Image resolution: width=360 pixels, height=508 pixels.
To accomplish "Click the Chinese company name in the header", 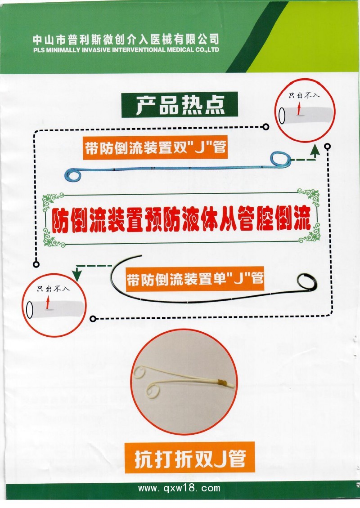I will click(x=126, y=39).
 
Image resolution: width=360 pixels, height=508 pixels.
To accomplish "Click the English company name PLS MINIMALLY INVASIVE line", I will click(x=126, y=49).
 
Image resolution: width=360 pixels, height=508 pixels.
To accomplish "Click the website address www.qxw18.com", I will click(x=179, y=488).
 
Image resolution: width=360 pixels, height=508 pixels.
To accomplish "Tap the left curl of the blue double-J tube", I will click(x=72, y=175).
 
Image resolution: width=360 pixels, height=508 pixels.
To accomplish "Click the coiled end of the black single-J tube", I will click(x=307, y=282).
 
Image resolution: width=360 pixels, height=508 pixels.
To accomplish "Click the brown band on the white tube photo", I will click(x=221, y=383).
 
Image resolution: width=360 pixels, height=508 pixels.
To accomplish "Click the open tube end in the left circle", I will click(x=31, y=310).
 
